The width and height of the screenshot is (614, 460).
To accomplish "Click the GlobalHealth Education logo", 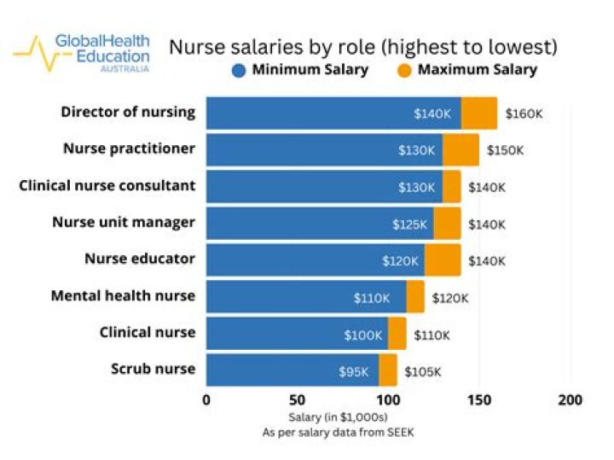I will [82, 52].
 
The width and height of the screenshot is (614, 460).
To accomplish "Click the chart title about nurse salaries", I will [362, 46].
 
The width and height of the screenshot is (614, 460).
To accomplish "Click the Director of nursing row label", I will [128, 112].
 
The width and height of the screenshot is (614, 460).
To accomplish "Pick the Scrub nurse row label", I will [153, 369].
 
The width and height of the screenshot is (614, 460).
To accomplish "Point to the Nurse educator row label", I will [139, 259].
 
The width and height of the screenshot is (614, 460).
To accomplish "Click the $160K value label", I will [524, 114].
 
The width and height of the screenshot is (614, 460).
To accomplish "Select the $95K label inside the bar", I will [354, 371].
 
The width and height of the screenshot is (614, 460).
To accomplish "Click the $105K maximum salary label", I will [423, 371].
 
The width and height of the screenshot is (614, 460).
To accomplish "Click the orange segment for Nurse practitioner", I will [460, 150].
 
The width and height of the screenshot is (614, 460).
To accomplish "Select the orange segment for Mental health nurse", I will [415, 297].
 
